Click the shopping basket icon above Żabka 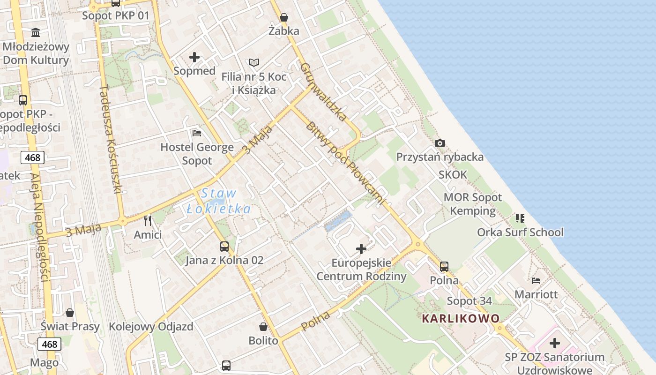coord(284,18)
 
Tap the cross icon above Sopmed coord(194,58)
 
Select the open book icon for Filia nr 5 coord(254,63)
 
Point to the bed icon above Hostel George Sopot coord(197,134)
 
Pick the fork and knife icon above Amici coord(148,221)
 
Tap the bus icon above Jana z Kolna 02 coord(224,247)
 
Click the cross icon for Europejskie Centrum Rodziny coord(361,249)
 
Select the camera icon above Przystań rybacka coord(440,143)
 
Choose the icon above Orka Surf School coord(520,218)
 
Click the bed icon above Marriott coord(537,281)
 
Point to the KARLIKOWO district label coord(461,319)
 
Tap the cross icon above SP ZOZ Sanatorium coord(555,343)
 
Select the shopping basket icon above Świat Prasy coord(70,313)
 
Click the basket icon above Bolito coord(263,327)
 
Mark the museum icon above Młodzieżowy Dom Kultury coord(36,33)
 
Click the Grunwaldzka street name coord(323,92)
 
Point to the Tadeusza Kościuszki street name coord(111,139)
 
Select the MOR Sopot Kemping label coord(472,204)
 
